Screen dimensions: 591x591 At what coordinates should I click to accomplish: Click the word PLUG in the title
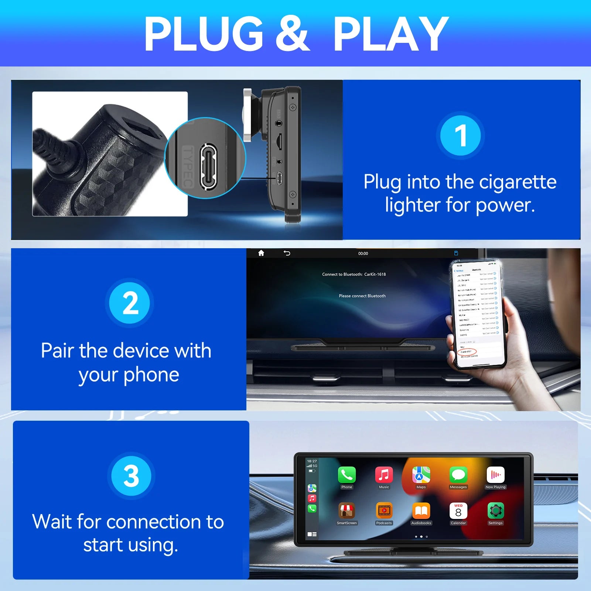click(203, 34)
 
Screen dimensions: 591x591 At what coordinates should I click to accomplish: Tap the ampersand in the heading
click(292, 34)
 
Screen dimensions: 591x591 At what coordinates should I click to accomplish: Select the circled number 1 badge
click(460, 135)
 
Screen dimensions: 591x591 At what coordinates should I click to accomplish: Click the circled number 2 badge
click(130, 303)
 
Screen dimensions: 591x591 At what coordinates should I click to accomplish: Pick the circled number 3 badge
click(131, 475)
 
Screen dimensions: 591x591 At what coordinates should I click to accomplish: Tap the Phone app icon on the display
click(346, 475)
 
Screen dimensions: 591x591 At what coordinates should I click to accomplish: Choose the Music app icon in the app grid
click(384, 475)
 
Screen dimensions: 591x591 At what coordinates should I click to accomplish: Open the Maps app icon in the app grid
click(421, 475)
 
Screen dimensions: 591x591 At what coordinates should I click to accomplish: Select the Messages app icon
click(458, 475)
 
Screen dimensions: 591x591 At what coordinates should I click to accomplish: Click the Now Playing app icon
click(495, 475)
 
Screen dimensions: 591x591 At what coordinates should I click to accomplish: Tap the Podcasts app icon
click(384, 511)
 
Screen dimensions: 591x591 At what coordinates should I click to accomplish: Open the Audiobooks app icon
click(421, 511)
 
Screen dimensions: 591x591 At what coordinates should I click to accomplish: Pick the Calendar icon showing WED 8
click(458, 511)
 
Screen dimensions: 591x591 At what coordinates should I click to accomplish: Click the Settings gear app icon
click(495, 511)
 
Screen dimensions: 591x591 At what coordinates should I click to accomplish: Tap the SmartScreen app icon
click(346, 511)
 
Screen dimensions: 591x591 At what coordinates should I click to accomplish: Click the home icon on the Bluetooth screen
click(261, 253)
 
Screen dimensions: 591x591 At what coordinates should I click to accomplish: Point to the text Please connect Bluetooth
click(362, 296)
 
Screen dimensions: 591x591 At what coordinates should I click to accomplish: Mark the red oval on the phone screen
click(467, 351)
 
